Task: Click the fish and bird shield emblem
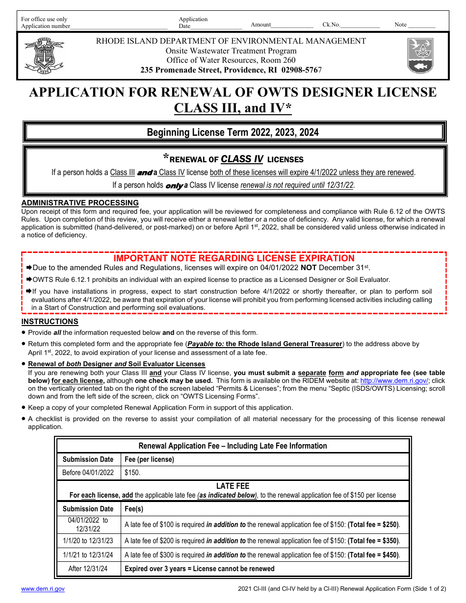click(420, 55)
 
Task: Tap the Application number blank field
click(119, 26)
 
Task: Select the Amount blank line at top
click(292, 25)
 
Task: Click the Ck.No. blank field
click(360, 25)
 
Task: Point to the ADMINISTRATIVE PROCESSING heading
click(80, 203)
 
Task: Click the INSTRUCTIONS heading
click(50, 322)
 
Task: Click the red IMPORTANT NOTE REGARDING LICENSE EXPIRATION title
click(234, 258)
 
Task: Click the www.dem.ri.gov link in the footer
click(43, 589)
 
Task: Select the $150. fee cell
click(132, 473)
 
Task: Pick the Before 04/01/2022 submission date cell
click(88, 473)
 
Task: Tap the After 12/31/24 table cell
click(88, 569)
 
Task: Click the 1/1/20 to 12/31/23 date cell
click(88, 541)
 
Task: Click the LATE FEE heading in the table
click(233, 486)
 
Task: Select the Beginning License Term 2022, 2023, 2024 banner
click(233, 132)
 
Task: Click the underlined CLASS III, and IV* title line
click(233, 108)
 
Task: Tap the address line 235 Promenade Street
click(231, 70)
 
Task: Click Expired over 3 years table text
click(199, 569)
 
